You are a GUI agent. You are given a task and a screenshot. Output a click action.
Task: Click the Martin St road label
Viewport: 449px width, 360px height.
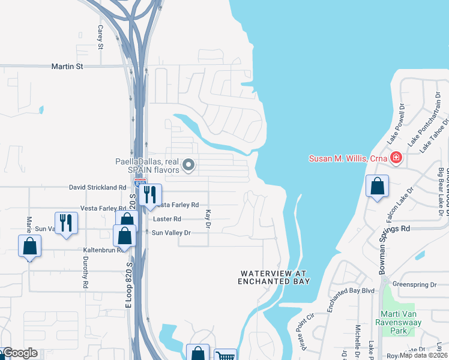[x=67, y=67]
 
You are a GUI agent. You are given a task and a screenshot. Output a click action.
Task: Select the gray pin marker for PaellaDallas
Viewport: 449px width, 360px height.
[x=189, y=164]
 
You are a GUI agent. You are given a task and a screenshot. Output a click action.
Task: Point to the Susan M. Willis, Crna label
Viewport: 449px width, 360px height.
[x=348, y=159]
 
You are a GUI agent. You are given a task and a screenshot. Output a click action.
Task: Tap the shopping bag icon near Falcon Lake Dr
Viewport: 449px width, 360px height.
[x=377, y=187]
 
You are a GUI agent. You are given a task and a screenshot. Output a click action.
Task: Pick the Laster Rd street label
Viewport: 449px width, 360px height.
[x=167, y=220]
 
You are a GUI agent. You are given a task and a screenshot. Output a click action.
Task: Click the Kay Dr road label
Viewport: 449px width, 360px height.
[x=208, y=219]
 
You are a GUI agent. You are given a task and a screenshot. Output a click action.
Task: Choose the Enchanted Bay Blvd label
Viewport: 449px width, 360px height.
[x=351, y=291]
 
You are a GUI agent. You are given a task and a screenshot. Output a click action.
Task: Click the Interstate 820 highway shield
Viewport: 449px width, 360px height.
[x=139, y=182]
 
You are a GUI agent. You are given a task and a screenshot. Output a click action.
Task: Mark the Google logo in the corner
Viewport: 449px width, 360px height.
[x=19, y=353]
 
